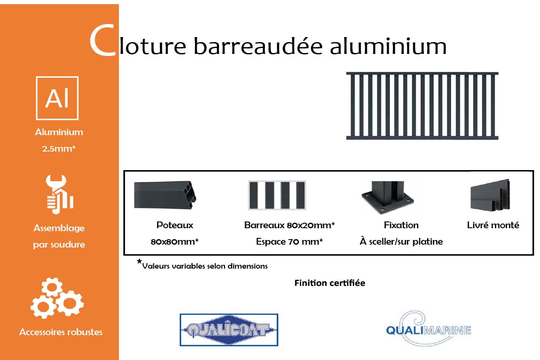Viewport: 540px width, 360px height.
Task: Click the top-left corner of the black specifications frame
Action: (124, 171)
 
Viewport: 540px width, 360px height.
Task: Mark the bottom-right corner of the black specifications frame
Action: (534, 255)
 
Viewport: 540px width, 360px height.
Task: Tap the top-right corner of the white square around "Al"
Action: (78, 77)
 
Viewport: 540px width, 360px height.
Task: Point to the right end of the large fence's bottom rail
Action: (498, 138)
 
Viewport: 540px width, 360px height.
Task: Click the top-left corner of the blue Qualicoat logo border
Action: (180, 314)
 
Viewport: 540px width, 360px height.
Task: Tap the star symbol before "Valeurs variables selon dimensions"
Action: (139, 261)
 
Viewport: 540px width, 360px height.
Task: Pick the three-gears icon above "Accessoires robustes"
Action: (57, 298)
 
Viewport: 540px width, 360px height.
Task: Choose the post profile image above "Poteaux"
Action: (165, 195)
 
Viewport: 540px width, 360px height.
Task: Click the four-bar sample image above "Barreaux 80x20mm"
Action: (277, 195)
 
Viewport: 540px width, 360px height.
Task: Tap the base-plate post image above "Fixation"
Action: (388, 197)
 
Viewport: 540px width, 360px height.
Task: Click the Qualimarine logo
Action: (428, 328)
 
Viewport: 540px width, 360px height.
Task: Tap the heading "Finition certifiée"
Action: (330, 283)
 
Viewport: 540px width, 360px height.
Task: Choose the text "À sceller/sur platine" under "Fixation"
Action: (401, 241)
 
